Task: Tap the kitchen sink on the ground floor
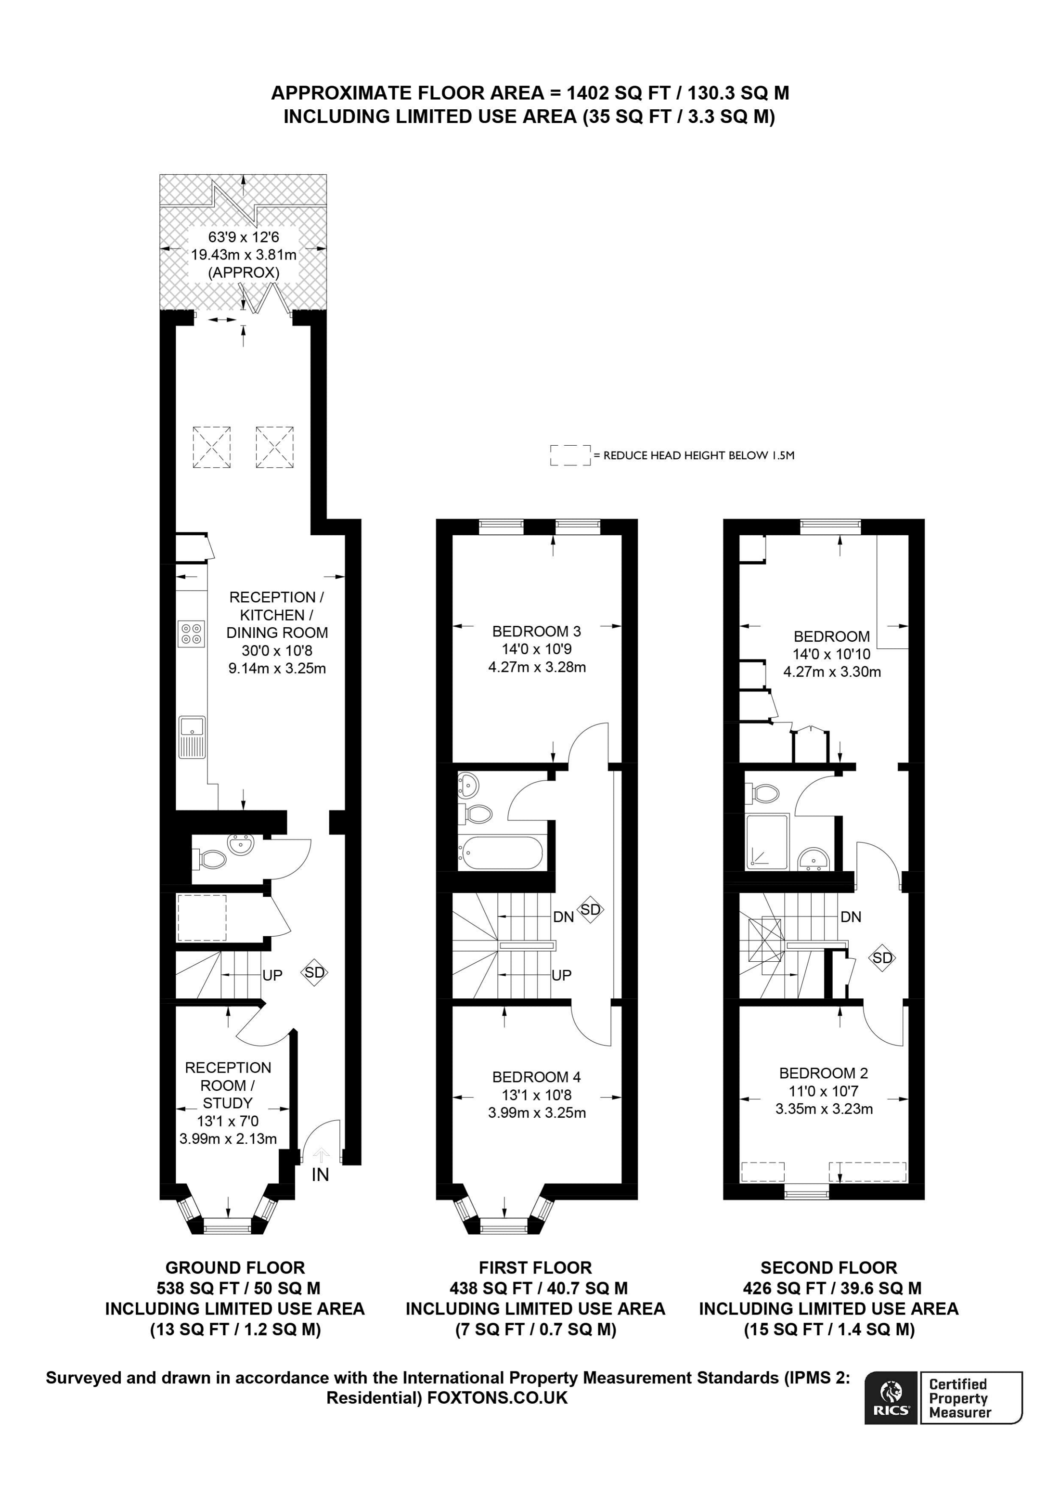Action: pyautogui.click(x=192, y=737)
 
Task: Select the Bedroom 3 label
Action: pyautogui.click(x=536, y=631)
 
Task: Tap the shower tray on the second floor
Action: pyautogui.click(x=767, y=841)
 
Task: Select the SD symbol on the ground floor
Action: pyautogui.click(x=314, y=972)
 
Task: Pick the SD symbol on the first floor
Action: pyautogui.click(x=591, y=909)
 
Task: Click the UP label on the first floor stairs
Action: pyautogui.click(x=561, y=975)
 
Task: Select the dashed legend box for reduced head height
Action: pyautogui.click(x=570, y=455)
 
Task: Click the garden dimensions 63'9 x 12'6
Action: pyautogui.click(x=244, y=237)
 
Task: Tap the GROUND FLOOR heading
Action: pyautogui.click(x=235, y=1268)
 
